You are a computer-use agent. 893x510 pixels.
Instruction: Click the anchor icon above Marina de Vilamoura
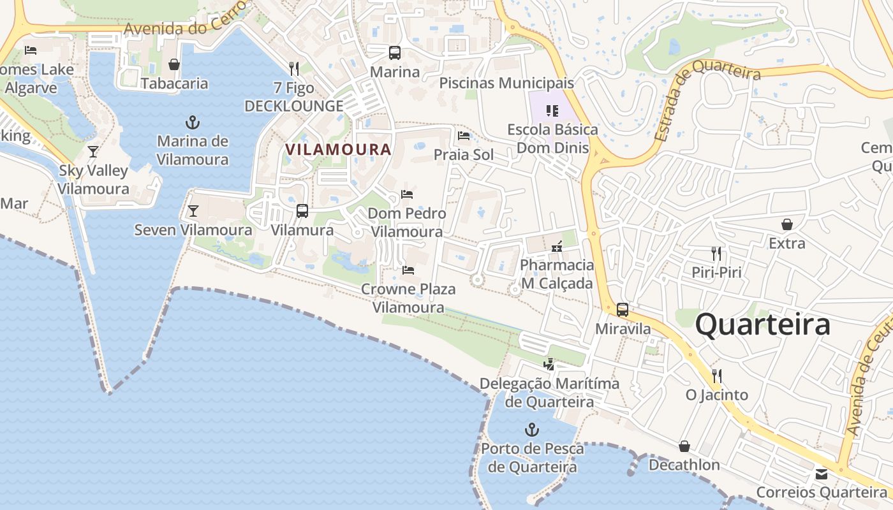(193, 122)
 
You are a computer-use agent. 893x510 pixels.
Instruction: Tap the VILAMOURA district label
(337, 149)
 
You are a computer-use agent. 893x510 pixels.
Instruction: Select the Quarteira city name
(762, 324)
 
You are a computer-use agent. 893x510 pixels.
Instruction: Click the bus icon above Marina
(395, 53)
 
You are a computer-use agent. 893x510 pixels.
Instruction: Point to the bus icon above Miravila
(623, 310)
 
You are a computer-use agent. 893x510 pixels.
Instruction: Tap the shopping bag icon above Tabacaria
(174, 64)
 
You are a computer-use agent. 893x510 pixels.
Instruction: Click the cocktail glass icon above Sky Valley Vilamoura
(93, 151)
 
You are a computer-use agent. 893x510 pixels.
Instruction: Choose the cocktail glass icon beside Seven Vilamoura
(193, 210)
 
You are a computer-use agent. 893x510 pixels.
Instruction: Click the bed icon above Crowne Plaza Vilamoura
(408, 270)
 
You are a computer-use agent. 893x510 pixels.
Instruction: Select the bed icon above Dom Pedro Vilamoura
(407, 194)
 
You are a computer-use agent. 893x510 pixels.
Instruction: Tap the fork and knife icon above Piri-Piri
(716, 253)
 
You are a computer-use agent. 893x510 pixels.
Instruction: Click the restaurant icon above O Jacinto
(716, 375)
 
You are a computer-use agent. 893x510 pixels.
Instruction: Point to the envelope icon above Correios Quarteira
(821, 474)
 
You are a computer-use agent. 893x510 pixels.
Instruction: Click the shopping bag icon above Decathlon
(684, 446)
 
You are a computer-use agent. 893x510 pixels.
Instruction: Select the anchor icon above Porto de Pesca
(532, 429)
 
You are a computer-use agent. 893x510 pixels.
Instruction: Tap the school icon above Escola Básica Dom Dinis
(552, 111)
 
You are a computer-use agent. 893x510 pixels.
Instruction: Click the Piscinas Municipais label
(506, 83)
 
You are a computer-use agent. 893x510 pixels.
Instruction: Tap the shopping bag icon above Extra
(787, 224)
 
